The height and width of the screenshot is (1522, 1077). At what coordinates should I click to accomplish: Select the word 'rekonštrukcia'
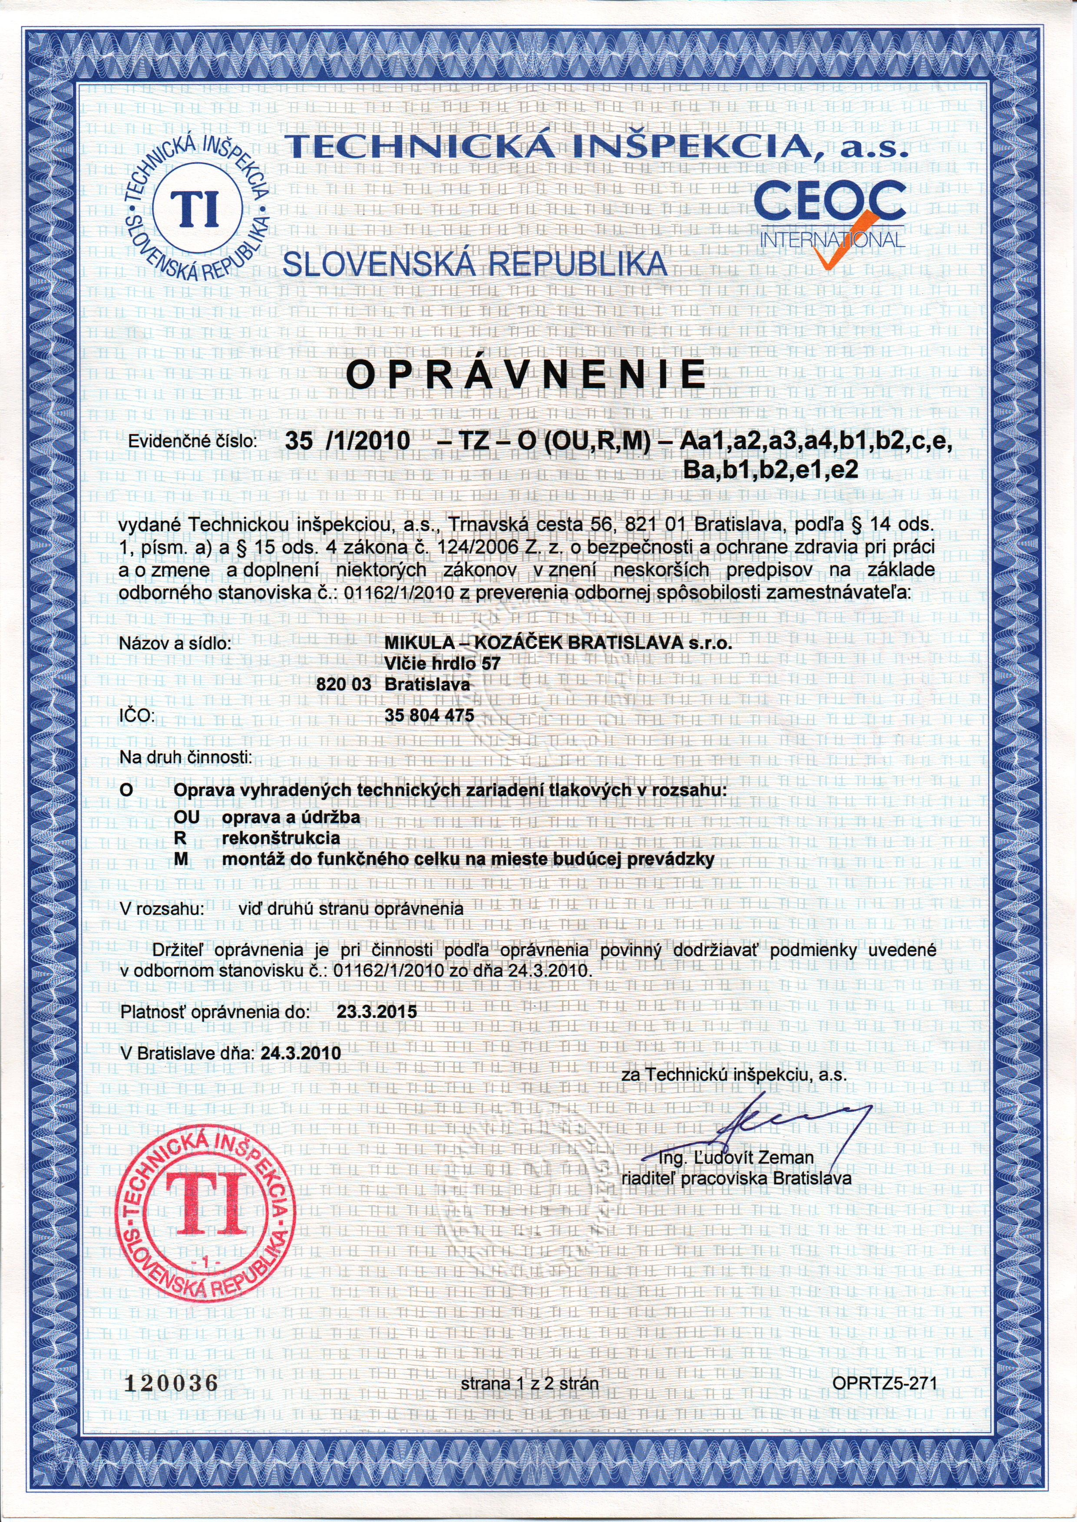[x=281, y=837]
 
